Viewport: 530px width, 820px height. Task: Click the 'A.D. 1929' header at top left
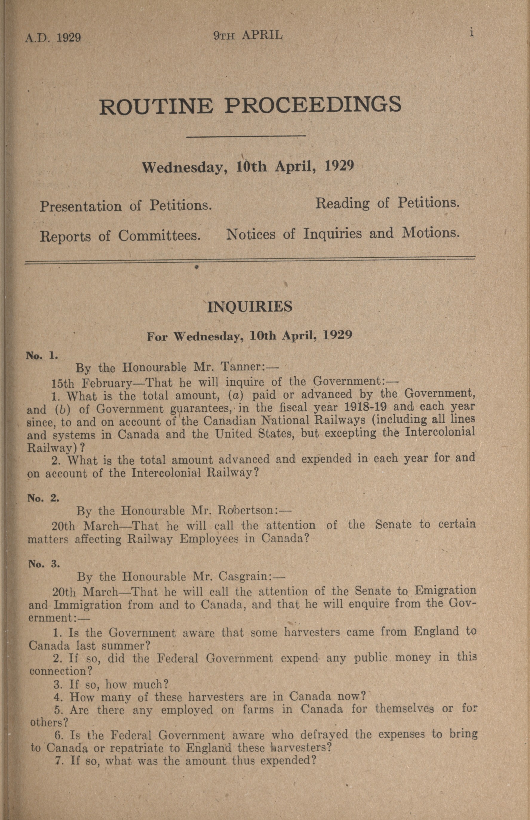click(53, 37)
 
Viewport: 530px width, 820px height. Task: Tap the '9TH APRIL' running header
click(248, 35)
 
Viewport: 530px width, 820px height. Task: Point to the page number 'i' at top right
click(472, 33)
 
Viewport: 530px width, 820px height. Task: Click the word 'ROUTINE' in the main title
click(156, 106)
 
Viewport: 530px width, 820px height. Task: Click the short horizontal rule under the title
click(246, 136)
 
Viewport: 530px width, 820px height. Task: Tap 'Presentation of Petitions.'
click(126, 206)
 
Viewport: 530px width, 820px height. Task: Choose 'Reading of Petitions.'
click(387, 203)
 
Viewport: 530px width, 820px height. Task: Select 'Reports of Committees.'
click(120, 236)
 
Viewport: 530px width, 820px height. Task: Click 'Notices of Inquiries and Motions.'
click(343, 234)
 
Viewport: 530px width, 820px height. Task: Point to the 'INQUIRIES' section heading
click(250, 307)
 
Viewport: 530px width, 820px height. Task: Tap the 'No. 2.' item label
click(43, 498)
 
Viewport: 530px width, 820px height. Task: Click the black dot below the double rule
click(196, 267)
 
